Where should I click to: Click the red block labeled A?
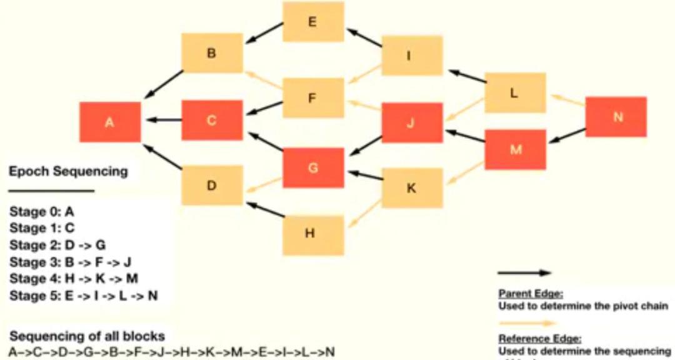110,121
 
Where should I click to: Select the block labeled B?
212,53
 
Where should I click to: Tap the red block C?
212,120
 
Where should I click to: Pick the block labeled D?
212,185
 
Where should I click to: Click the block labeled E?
312,22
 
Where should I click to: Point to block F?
312,97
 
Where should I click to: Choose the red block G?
313,167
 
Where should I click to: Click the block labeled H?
312,234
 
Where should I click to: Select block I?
412,56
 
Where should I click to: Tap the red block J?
412,122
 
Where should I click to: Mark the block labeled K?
412,187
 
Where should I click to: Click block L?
515,92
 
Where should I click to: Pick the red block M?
515,149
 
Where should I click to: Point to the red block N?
616,117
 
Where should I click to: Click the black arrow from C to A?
163,120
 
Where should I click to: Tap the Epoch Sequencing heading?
68,171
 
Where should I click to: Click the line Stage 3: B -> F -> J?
70,261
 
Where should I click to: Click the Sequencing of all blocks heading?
87,336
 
